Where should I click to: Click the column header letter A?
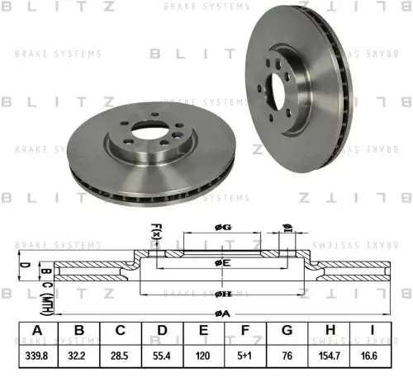[x=36, y=332]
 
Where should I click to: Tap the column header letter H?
[x=331, y=332]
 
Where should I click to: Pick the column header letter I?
[x=373, y=332]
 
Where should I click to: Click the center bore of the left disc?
[x=147, y=131]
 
